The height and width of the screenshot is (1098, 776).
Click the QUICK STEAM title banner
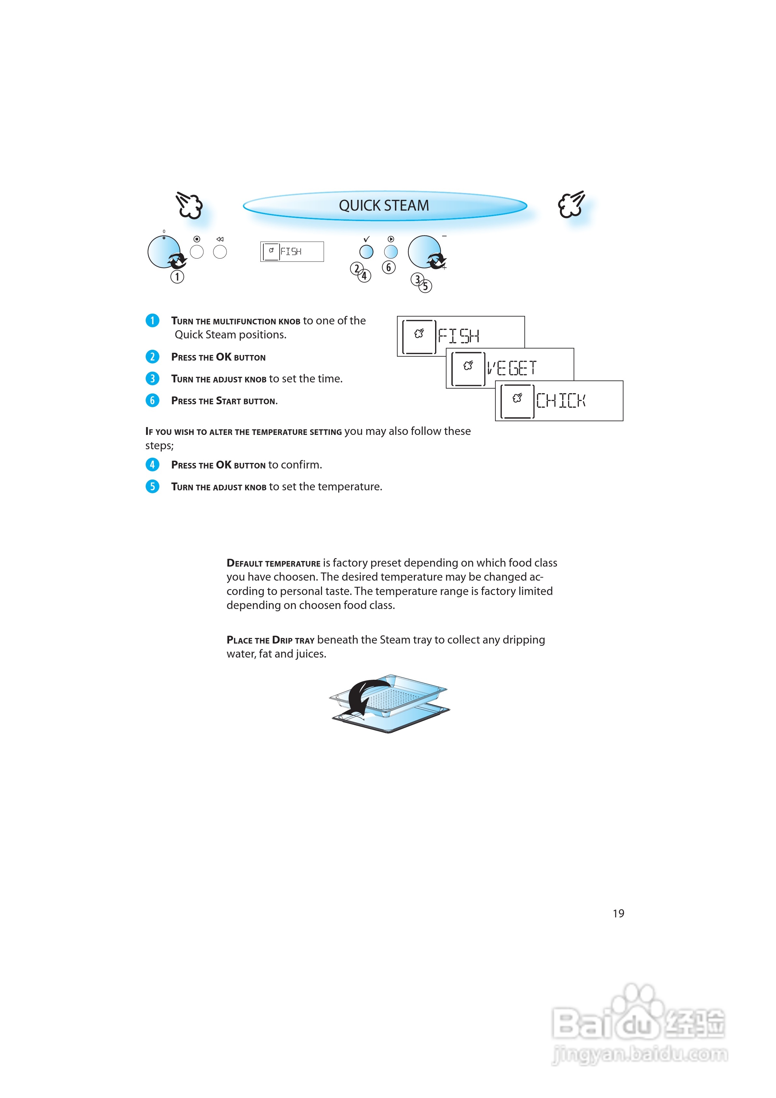tap(384, 206)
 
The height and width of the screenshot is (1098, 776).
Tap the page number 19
tap(618, 913)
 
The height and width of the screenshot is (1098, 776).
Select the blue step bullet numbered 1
tap(152, 320)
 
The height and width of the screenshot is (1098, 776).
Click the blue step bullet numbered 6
tap(152, 400)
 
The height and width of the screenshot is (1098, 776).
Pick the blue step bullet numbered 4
tap(152, 464)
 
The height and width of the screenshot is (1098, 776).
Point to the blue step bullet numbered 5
tap(152, 486)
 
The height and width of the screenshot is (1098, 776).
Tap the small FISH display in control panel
tap(292, 252)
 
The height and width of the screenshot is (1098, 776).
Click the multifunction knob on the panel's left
tap(164, 252)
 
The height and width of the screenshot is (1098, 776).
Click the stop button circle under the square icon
tap(197, 252)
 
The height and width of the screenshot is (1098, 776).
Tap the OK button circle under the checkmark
tap(366, 252)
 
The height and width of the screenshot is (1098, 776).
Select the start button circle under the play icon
tap(391, 252)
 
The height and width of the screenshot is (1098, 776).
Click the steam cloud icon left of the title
tap(189, 206)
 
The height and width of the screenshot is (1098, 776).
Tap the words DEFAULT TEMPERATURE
tap(273, 563)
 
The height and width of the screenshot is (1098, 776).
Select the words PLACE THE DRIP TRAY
tap(270, 640)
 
